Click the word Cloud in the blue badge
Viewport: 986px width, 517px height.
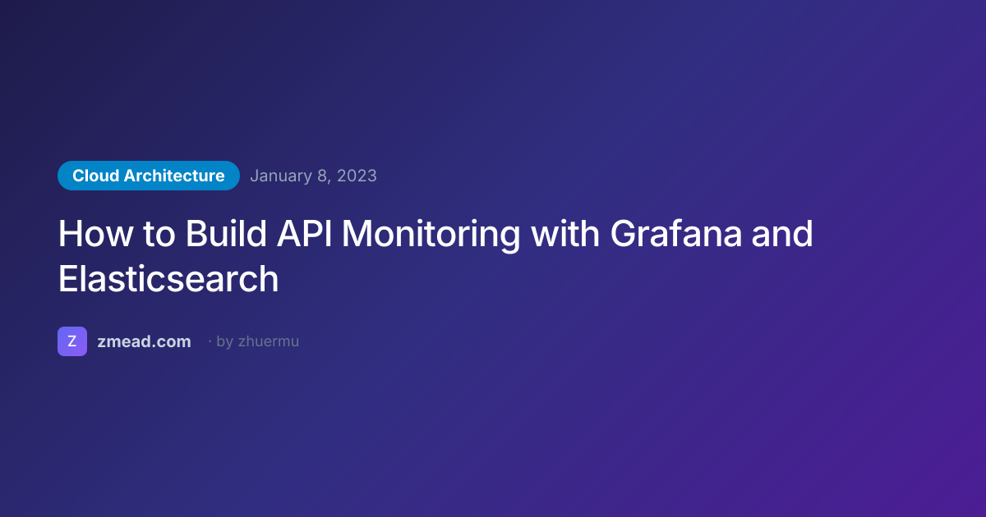(95, 176)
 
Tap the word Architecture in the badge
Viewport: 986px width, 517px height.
(174, 176)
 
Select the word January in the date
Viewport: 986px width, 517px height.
(281, 176)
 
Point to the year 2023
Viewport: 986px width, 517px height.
(357, 176)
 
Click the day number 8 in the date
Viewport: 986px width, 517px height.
(322, 176)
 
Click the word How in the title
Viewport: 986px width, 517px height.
(95, 233)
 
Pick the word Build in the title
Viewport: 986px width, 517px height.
(226, 233)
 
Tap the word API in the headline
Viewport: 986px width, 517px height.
(304, 233)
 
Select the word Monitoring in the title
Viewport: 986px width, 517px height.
(431, 236)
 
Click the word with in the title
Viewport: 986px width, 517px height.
(564, 233)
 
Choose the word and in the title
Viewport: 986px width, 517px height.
(782, 233)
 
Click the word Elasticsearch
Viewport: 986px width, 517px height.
(168, 279)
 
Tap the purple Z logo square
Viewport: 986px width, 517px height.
(72, 341)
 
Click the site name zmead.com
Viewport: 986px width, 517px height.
(144, 341)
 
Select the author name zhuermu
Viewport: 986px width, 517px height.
(269, 341)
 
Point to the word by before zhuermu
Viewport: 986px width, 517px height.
(225, 342)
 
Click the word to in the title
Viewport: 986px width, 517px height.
(159, 235)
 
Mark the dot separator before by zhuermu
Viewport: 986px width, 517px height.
(210, 341)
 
